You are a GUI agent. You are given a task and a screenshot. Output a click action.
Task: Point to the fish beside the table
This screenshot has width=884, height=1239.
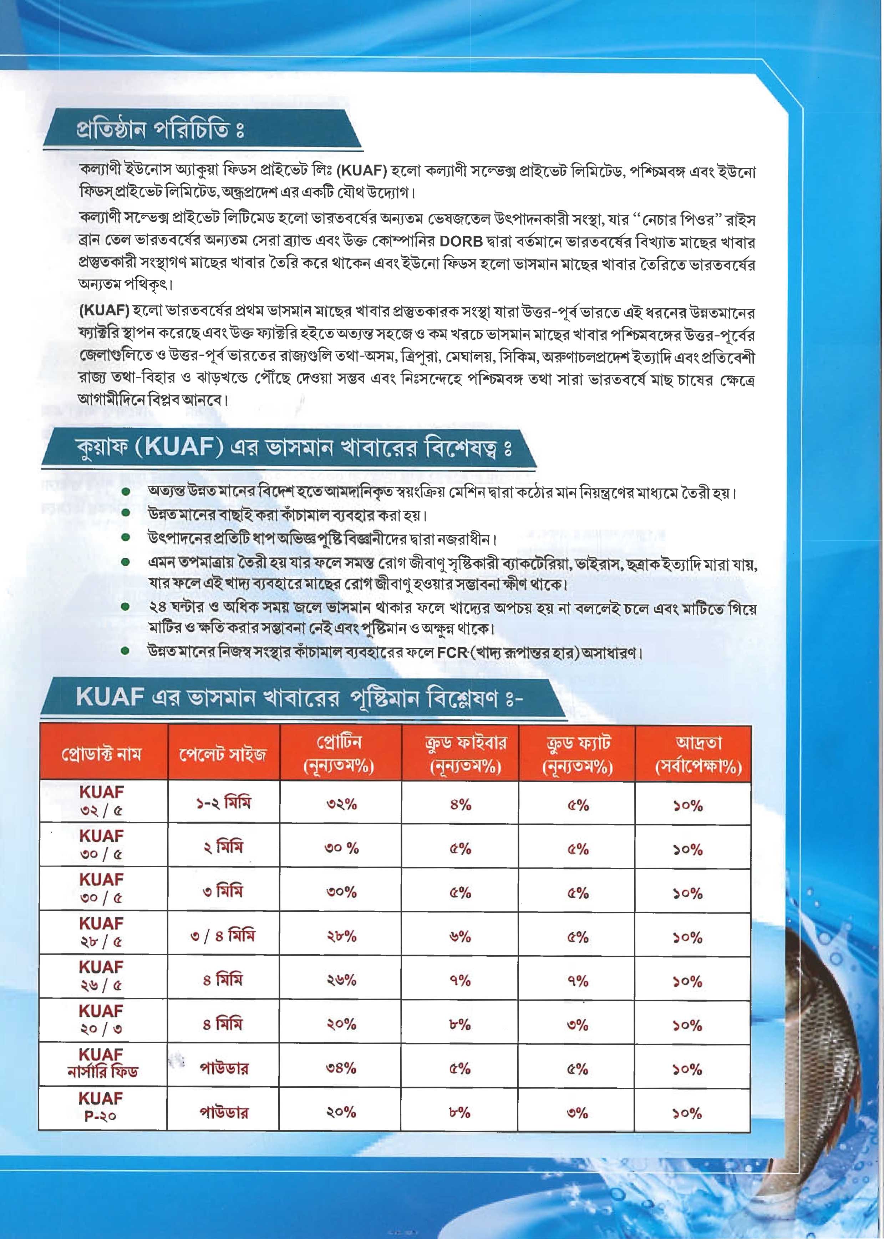(838, 1034)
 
